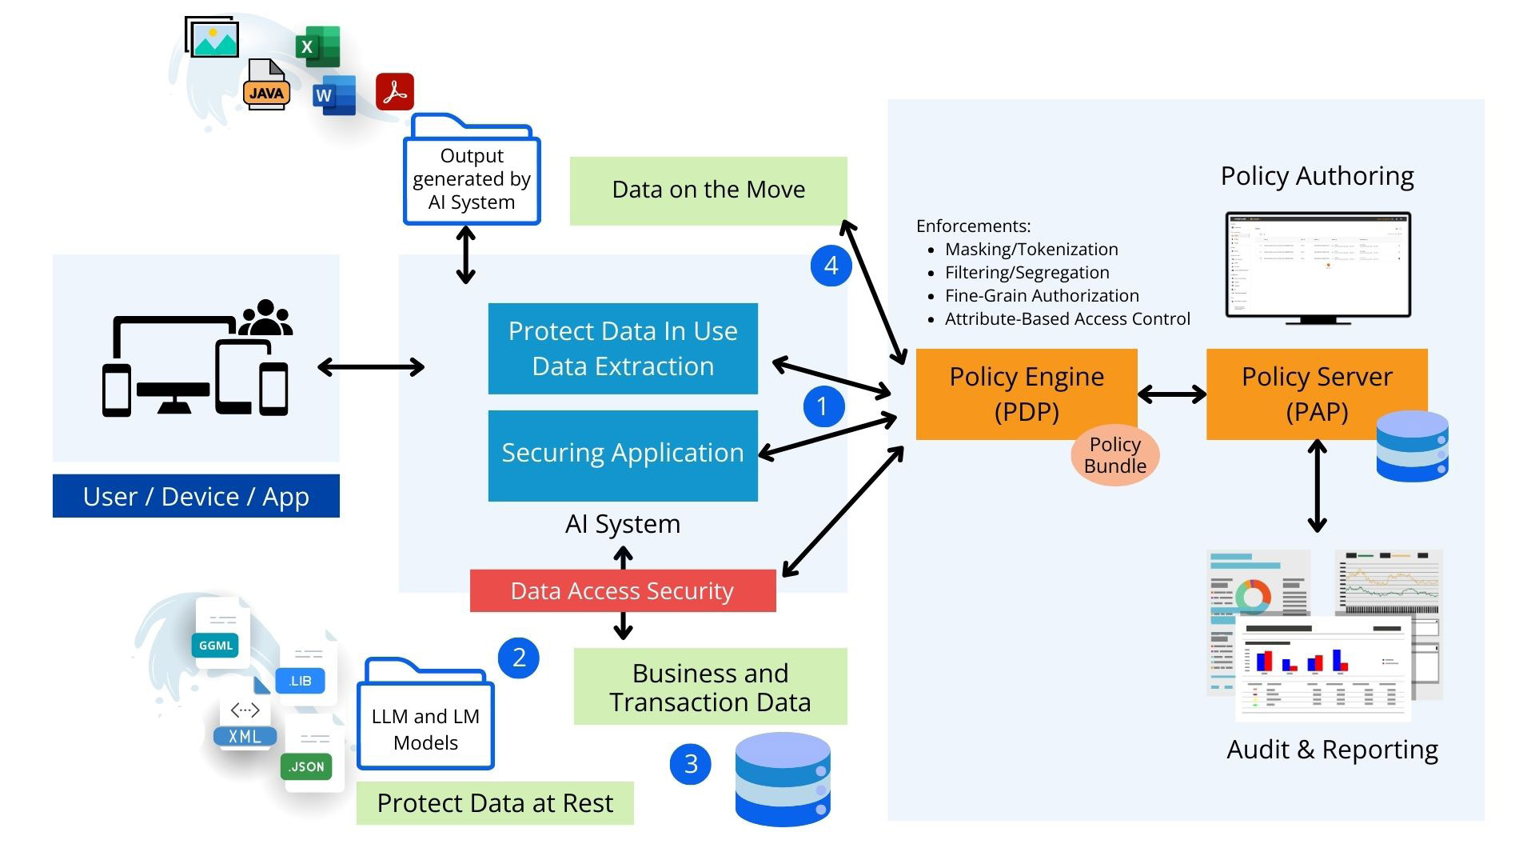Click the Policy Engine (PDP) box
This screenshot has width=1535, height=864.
tap(1027, 394)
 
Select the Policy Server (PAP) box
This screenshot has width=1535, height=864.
tap(1316, 394)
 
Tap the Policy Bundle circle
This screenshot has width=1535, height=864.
tap(1114, 455)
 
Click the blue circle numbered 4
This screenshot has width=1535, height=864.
tap(831, 266)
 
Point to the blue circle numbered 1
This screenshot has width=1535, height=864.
tap(823, 406)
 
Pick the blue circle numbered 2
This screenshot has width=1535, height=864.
tap(519, 658)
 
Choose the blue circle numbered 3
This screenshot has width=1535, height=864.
tap(691, 764)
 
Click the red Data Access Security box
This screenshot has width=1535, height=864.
tap(622, 591)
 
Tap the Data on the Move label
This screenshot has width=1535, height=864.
tap(708, 190)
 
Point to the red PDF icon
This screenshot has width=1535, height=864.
tap(395, 92)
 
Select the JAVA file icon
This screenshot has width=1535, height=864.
tap(266, 86)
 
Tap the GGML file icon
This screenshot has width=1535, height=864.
tap(217, 636)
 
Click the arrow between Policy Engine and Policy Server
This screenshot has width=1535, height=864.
tap(1171, 394)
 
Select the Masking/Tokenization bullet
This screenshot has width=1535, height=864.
tap(1031, 250)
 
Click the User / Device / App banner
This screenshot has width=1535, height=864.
tap(196, 497)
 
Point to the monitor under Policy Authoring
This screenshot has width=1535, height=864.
tap(1318, 267)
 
